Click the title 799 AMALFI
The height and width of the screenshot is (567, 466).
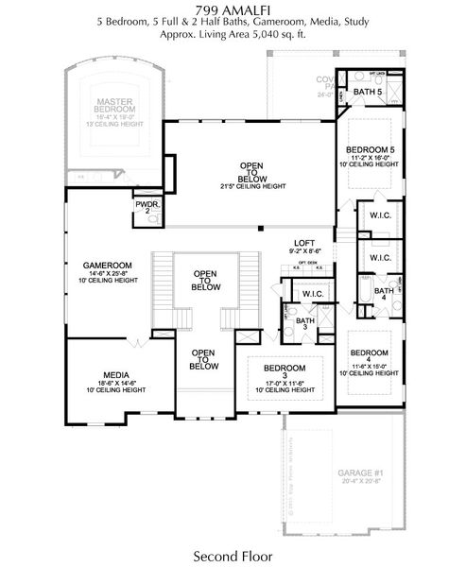coord(233,8)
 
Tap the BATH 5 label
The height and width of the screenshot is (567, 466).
coord(369,93)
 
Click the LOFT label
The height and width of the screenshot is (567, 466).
coord(303,243)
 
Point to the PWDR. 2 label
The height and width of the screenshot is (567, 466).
coord(146,207)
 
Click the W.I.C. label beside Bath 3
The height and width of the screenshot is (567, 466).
coord(313,295)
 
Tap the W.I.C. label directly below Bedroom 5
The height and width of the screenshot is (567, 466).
coord(381,215)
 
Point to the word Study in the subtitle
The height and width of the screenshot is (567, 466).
coord(353,20)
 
